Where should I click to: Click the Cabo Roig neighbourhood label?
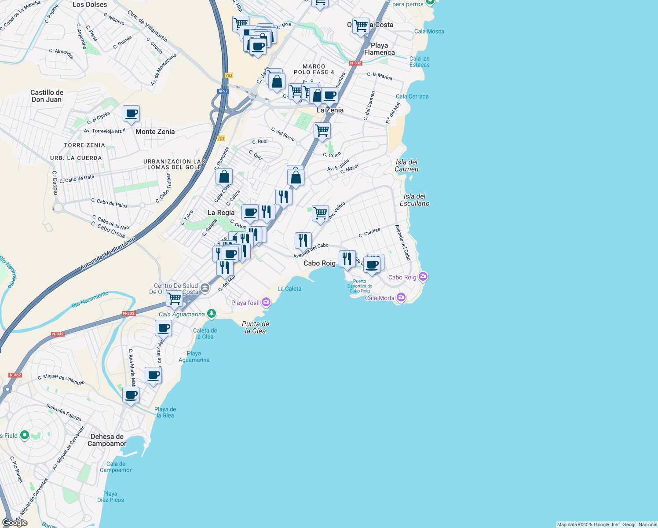point(319,263)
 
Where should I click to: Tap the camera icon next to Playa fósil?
point(266,302)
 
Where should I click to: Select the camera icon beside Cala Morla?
point(401,297)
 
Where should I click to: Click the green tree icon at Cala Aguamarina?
point(212,313)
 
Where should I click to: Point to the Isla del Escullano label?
point(414,200)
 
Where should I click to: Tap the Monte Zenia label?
point(155,132)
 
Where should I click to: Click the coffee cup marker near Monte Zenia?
point(131,114)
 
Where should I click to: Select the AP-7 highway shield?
point(223,92)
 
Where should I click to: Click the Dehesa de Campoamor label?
point(107,440)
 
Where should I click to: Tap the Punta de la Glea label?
point(256,327)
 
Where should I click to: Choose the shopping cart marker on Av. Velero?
point(320,213)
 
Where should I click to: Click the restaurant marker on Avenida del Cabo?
point(303,241)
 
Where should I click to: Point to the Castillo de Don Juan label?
point(47,96)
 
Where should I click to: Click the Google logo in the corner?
point(15,522)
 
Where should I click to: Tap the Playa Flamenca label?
point(379,49)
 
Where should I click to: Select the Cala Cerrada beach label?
point(412,96)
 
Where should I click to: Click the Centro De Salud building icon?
point(205,288)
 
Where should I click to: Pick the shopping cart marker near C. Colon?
point(322,131)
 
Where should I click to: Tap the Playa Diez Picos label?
point(110,497)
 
